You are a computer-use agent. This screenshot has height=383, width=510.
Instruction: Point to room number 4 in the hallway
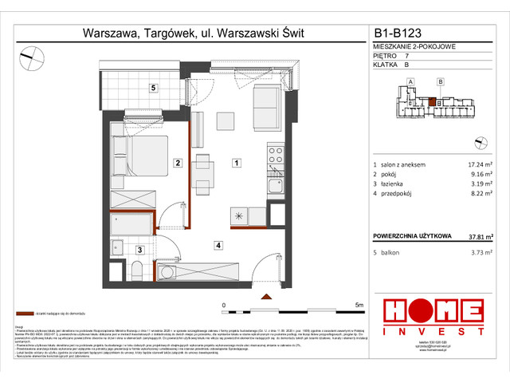218,245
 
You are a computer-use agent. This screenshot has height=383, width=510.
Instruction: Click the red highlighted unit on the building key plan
431,101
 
